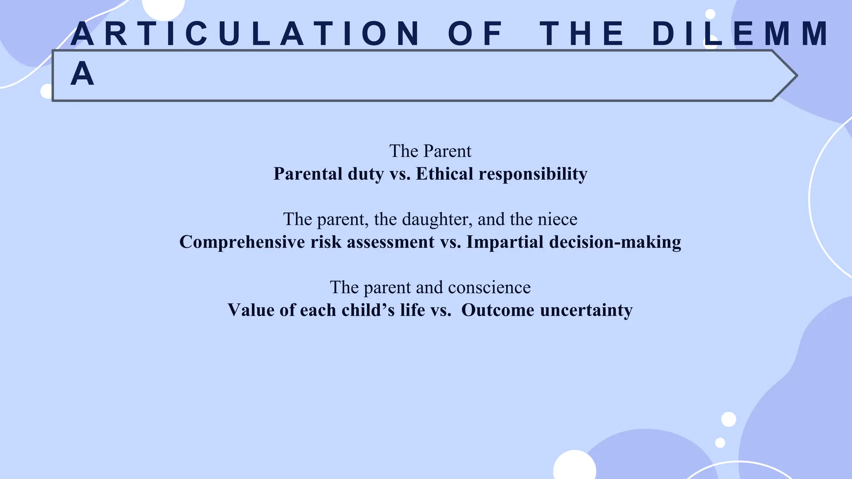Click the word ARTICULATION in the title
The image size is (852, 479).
[x=245, y=34]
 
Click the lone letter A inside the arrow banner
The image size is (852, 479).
[x=82, y=74]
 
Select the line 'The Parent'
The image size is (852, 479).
[x=430, y=151]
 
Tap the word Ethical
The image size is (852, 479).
[x=444, y=174]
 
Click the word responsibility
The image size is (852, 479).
[x=533, y=174]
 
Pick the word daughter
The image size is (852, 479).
[x=437, y=220]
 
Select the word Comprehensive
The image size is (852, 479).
[x=242, y=242]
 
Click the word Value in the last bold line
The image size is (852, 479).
[x=251, y=310]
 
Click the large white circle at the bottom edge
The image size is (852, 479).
[x=575, y=467]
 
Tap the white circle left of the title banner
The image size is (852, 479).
[x=46, y=91]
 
